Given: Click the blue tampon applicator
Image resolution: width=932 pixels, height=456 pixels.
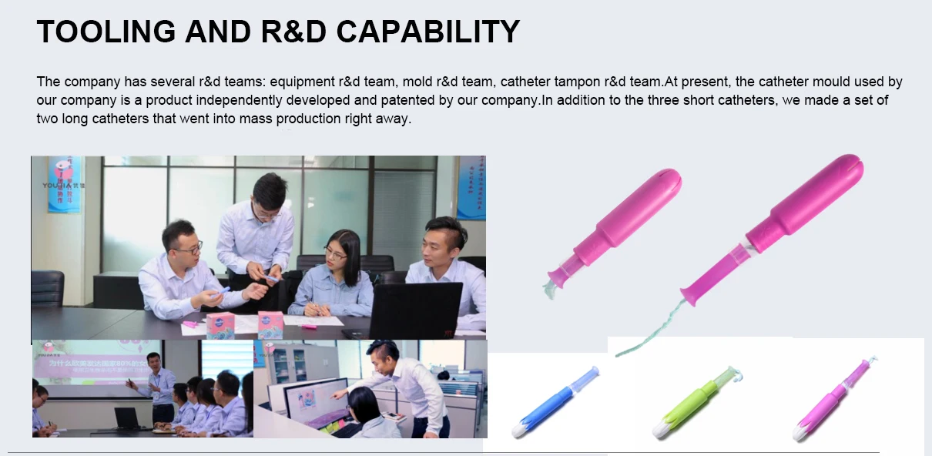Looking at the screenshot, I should (x=555, y=401).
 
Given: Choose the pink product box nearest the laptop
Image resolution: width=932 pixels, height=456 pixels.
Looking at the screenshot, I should (x=270, y=324).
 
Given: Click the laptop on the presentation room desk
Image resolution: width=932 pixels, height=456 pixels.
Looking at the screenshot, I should (x=127, y=419).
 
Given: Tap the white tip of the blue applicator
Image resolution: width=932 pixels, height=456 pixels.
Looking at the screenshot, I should (x=520, y=429).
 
